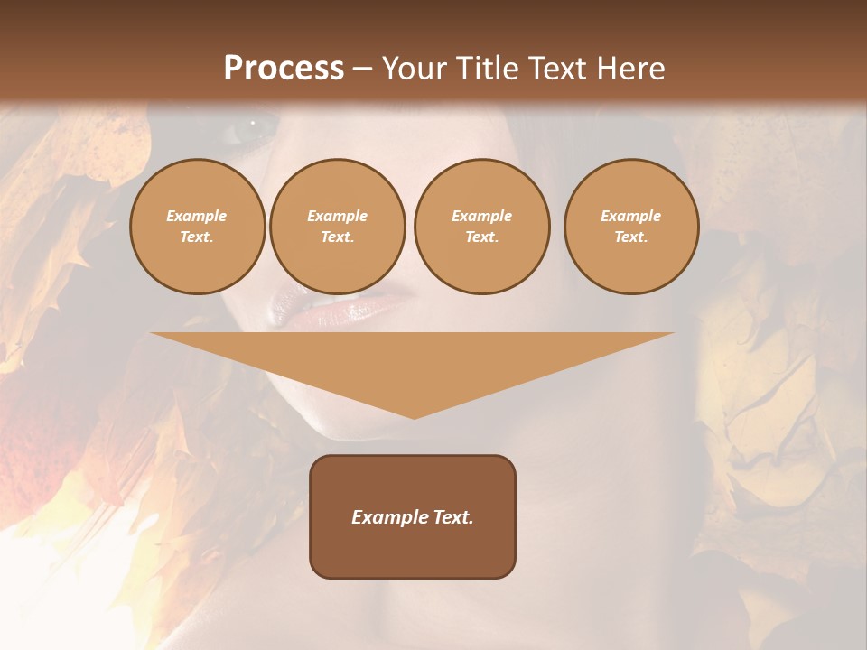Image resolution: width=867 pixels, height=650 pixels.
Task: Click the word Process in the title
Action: (x=284, y=69)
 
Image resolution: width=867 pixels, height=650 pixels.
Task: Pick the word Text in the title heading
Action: (x=558, y=69)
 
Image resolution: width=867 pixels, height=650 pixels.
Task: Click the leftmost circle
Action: (x=197, y=227)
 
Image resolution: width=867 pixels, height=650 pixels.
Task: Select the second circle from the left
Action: (x=337, y=227)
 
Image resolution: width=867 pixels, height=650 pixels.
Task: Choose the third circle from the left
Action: (x=481, y=227)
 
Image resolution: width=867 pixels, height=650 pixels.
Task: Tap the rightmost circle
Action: (x=630, y=227)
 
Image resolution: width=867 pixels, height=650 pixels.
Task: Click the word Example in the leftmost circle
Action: (x=197, y=216)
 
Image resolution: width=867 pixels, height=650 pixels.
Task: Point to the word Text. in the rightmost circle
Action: (x=630, y=237)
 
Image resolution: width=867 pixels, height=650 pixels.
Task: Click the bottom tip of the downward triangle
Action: (x=414, y=417)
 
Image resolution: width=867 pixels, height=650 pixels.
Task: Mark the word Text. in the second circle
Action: (x=337, y=237)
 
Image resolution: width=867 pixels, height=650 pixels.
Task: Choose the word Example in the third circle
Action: (x=481, y=216)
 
